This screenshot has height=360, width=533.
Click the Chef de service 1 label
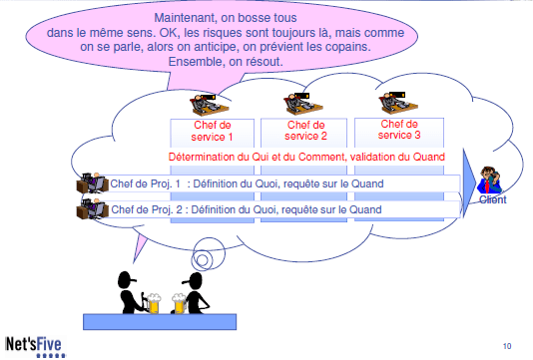212,131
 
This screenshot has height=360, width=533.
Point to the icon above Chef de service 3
395,103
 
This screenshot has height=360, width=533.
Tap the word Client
492,199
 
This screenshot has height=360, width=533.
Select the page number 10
508,346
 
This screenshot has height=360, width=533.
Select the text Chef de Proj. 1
145,183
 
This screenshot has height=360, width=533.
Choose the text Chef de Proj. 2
145,209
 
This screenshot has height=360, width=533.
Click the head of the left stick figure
126,276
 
